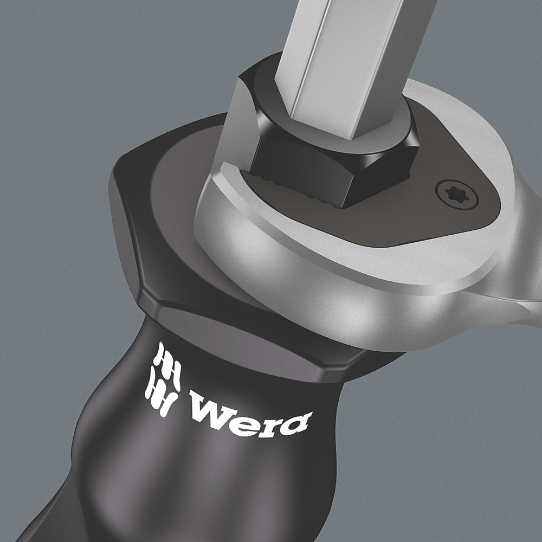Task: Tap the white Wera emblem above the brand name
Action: pos(163,379)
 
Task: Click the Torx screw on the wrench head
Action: pos(457,195)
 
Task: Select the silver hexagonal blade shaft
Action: pos(349,62)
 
